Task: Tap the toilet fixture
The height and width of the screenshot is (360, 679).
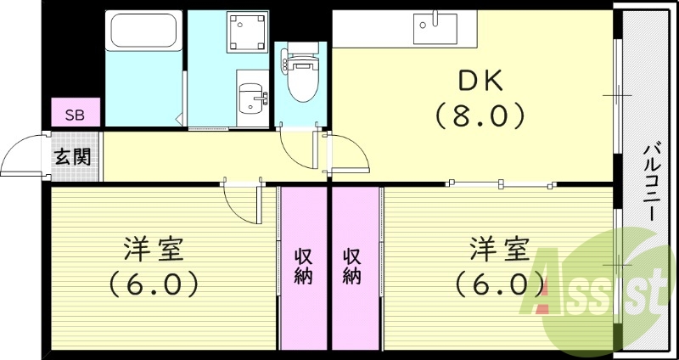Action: point(299,76)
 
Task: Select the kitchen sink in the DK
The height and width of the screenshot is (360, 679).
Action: point(435,28)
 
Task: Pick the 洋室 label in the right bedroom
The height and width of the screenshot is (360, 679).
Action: point(500,250)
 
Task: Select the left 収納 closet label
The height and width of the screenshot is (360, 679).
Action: point(303,265)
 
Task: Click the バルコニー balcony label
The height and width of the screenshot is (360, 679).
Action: point(648,183)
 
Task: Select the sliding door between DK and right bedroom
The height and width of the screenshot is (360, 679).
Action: point(501,183)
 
